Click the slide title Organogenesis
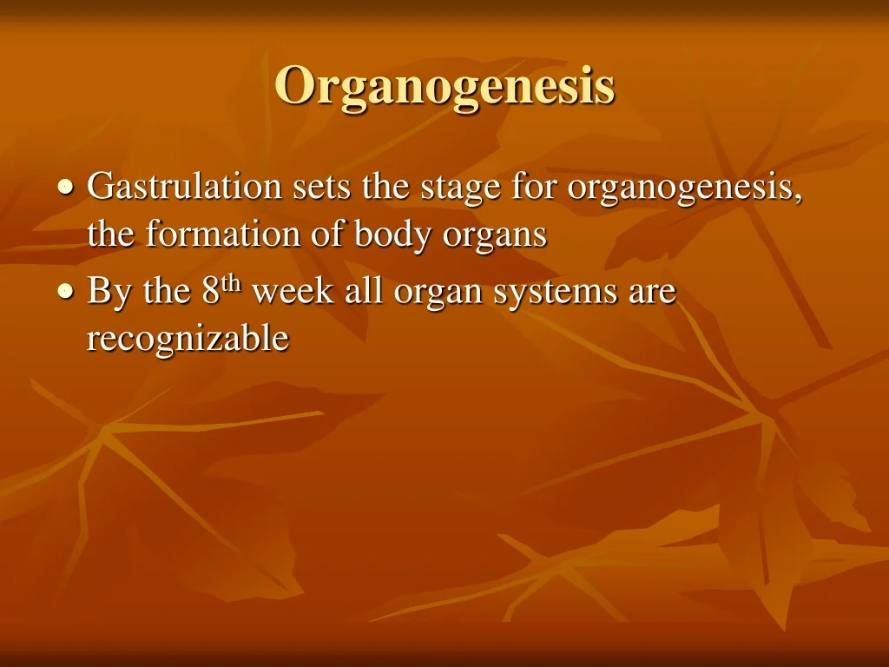(x=445, y=86)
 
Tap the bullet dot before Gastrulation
(x=66, y=187)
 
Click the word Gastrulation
(x=184, y=186)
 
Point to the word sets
(x=321, y=188)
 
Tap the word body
(x=393, y=236)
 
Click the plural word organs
(x=495, y=238)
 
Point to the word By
(x=109, y=293)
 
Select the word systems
(x=555, y=294)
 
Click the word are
(x=652, y=294)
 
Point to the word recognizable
(x=188, y=340)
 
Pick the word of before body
(x=327, y=234)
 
